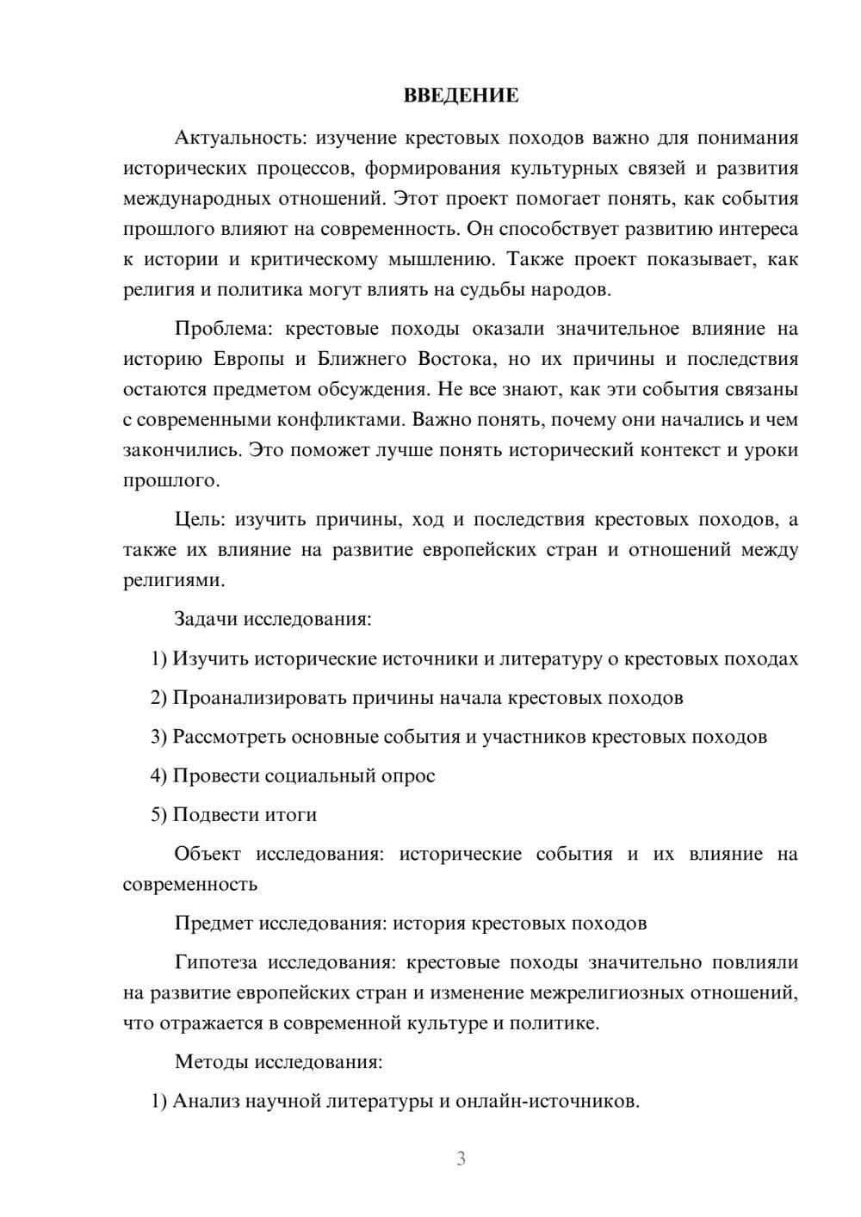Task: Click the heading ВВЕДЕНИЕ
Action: (461, 96)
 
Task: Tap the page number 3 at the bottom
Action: (461, 1158)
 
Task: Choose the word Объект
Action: (208, 854)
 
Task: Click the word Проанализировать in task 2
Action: (260, 698)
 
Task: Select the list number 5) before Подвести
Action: (159, 815)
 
